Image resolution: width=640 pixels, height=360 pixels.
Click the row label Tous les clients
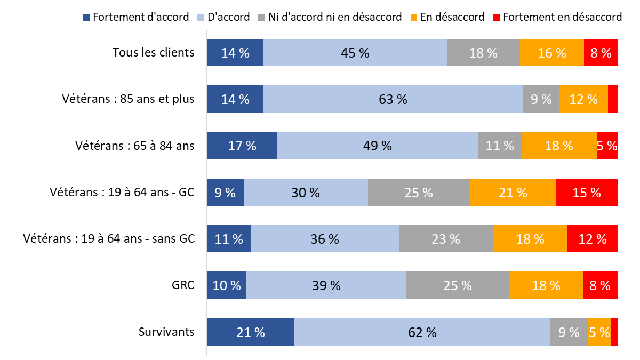coord(153,52)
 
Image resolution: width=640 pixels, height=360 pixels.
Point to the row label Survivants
coord(166,332)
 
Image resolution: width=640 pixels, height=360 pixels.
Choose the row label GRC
coord(184,285)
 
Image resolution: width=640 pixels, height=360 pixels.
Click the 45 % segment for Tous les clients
coord(355,52)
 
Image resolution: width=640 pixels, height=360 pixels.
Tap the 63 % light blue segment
coord(393,99)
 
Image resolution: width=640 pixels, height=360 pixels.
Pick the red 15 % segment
coord(587,192)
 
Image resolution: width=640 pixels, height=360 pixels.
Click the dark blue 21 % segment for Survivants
coord(251,332)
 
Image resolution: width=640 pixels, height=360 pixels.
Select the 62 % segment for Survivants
coord(422,332)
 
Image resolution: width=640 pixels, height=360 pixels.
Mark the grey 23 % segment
coord(445,238)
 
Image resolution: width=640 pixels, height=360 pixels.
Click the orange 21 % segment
coord(513,192)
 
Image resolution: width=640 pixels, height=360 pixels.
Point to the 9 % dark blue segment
coord(225,192)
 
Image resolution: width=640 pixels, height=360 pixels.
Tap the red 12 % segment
coord(592,238)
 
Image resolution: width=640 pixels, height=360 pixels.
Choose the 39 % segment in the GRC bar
coord(326,285)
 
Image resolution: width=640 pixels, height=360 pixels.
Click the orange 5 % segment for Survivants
coord(599,332)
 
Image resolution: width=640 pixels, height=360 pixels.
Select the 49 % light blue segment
coord(377,146)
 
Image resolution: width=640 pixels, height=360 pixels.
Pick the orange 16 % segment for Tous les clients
coord(551,52)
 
